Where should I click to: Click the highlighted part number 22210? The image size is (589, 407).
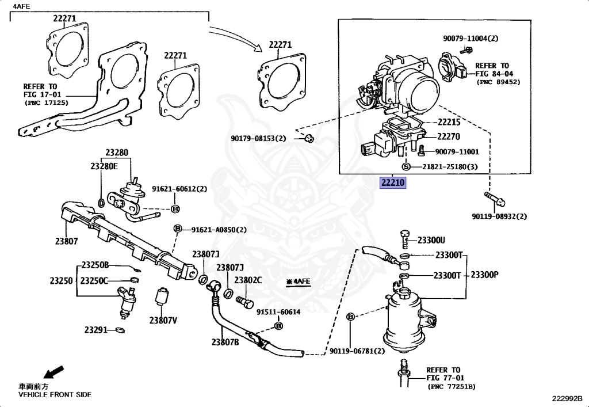pos(392,183)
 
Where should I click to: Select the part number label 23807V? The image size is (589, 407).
pos(163,320)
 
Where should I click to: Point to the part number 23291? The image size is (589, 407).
pos(96,330)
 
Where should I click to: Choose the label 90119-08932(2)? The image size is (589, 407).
pos(499,216)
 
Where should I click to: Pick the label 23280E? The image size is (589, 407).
pos(104,166)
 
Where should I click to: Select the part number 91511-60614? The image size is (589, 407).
pos(278,311)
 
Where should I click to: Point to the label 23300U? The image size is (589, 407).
pos(431,239)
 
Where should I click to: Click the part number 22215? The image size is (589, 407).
pos(449,122)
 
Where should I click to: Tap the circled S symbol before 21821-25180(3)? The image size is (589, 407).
pos(406,167)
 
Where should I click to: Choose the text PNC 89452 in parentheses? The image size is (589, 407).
pos(498,82)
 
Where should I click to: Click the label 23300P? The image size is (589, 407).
pos(484,275)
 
